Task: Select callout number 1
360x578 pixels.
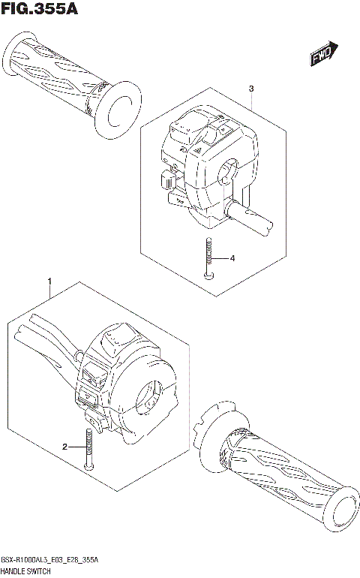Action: coord(49,283)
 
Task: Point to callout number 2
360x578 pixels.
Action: coord(65,447)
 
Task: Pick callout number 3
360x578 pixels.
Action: coord(251,89)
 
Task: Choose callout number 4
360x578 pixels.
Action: coord(232,259)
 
